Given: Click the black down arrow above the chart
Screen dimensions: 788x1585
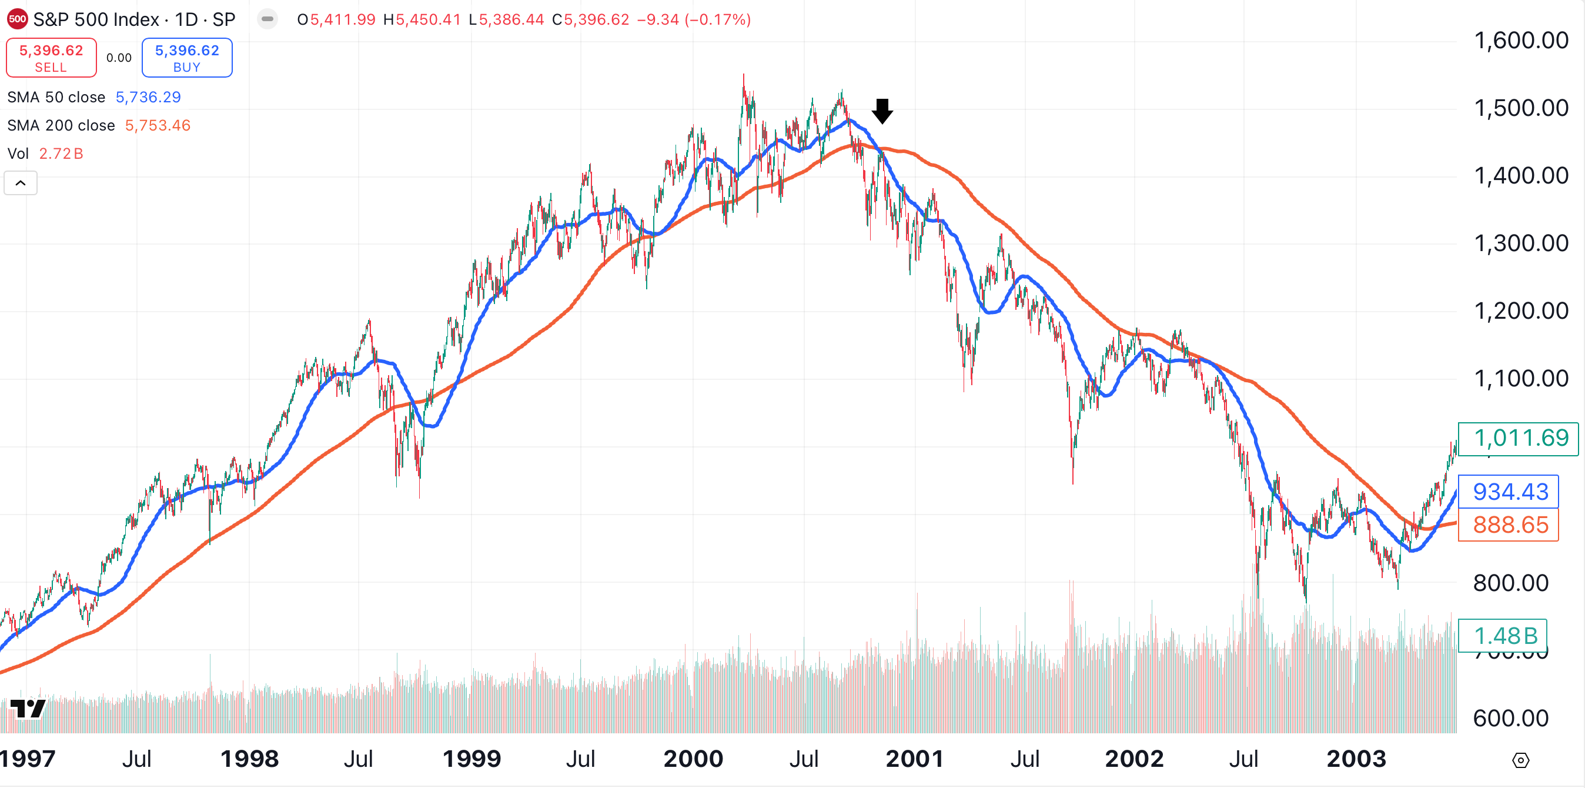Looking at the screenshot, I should [x=882, y=111].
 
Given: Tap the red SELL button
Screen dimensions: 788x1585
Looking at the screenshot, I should [x=51, y=58].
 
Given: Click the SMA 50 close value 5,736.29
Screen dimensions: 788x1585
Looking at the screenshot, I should [x=148, y=97].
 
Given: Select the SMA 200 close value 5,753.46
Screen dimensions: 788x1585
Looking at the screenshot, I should [x=158, y=126].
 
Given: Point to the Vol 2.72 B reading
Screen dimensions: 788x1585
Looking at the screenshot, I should [x=61, y=154].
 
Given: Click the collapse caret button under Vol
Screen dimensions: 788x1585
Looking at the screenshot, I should [x=21, y=183].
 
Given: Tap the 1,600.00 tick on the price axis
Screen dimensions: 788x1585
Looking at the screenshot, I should [x=1520, y=41].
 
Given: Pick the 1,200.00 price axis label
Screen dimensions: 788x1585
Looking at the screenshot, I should [x=1520, y=312].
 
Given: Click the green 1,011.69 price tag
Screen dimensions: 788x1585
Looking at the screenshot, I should [x=1518, y=438].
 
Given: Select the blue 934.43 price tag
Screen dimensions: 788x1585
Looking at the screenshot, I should [x=1509, y=492].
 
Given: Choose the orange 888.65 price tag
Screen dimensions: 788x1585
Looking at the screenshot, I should [x=1509, y=525].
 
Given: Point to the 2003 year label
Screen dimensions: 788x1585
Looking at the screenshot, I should [x=1356, y=759].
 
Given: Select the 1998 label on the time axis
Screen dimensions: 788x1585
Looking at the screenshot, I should [x=249, y=759].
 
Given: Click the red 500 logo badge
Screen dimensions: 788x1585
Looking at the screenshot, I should [x=17, y=19].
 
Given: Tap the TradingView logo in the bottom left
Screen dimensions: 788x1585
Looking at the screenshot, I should [x=28, y=709].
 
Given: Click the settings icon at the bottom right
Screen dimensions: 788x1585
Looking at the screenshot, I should [x=1520, y=761].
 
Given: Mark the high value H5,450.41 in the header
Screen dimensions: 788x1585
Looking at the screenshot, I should [x=422, y=20].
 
